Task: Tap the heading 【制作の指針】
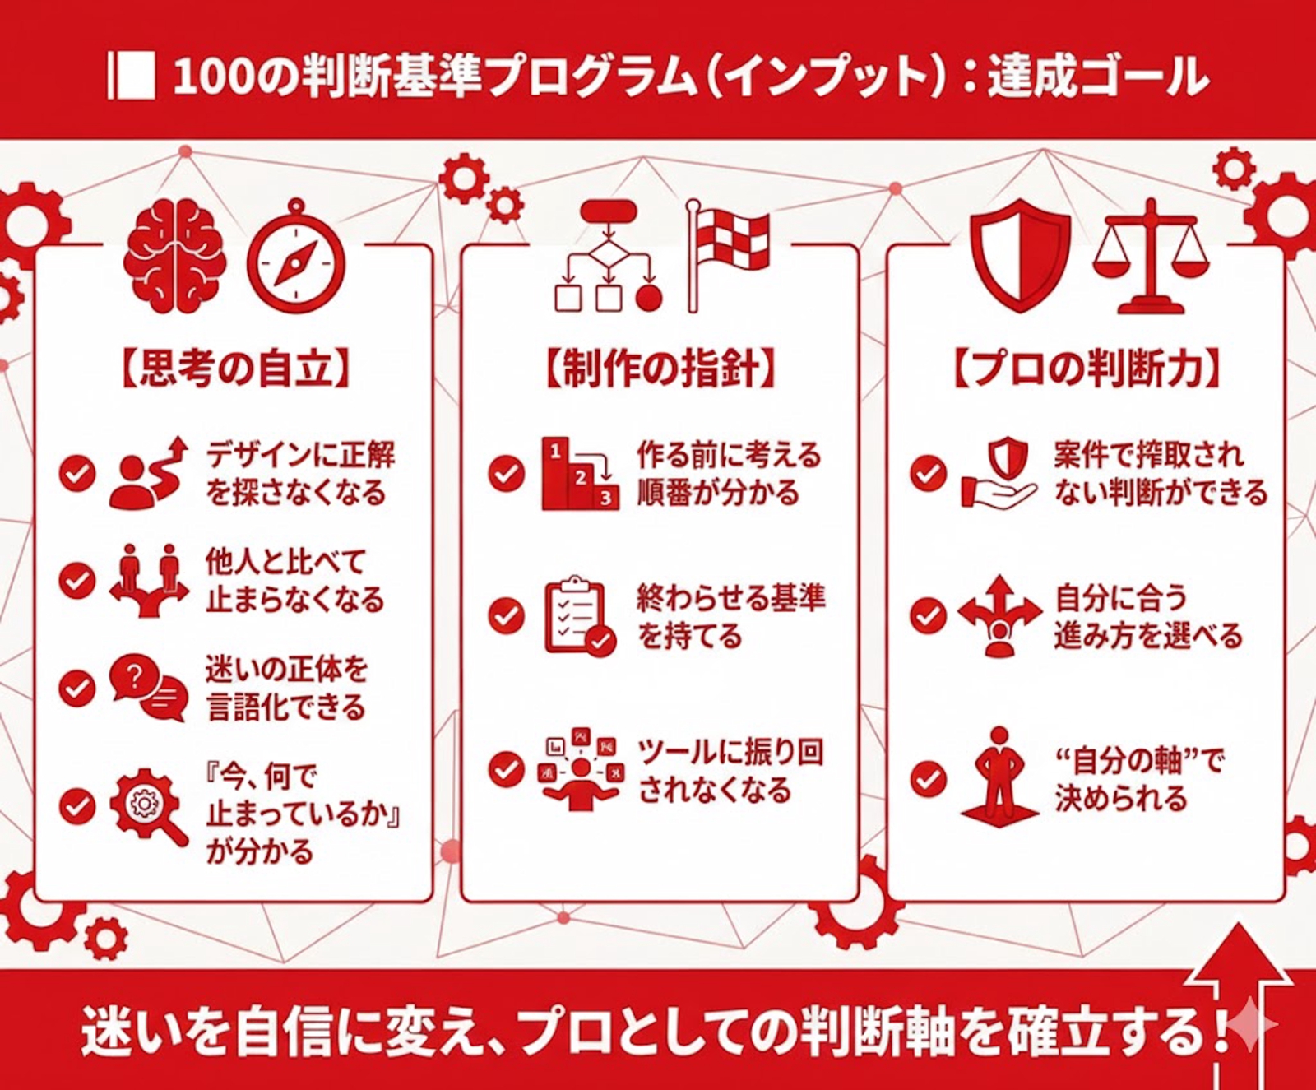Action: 658,371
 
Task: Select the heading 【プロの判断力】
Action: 1086,371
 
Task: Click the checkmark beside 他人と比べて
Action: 78,581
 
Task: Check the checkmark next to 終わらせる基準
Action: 506,616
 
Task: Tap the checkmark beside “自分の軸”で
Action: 929,778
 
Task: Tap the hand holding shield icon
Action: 999,473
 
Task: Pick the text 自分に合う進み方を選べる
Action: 1147,617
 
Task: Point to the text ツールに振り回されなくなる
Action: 730,772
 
